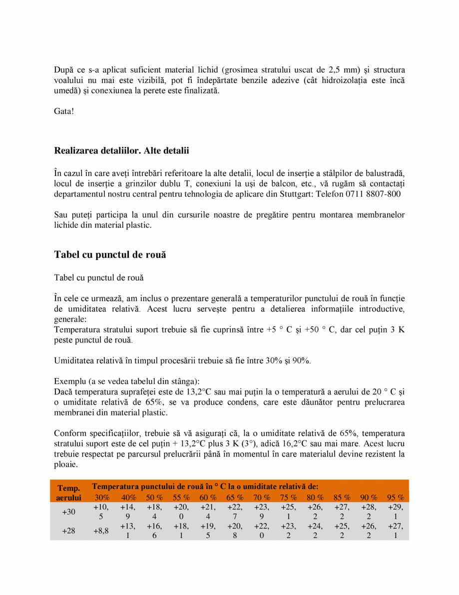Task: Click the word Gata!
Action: click(64, 111)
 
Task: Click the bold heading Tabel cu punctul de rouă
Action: click(110, 254)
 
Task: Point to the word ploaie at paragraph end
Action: click(65, 464)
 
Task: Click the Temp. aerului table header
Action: click(68, 492)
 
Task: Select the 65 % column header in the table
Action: click(235, 497)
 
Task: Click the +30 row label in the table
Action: click(68, 512)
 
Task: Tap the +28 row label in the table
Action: click(68, 531)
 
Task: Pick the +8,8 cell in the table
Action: click(101, 531)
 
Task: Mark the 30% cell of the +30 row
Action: click(101, 512)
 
